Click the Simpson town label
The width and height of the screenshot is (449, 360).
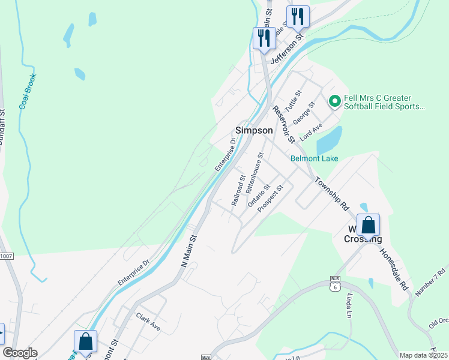point(254,130)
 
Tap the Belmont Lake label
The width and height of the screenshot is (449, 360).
point(314,158)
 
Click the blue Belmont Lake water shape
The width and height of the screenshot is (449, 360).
point(328,140)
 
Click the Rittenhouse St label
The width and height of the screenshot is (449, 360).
point(255,172)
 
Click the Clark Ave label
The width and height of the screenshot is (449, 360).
point(148,322)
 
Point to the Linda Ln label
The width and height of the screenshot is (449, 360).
point(348,306)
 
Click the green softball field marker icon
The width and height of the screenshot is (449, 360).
point(334,101)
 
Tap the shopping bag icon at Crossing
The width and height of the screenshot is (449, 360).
point(369,225)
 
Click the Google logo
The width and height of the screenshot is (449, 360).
point(20,353)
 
